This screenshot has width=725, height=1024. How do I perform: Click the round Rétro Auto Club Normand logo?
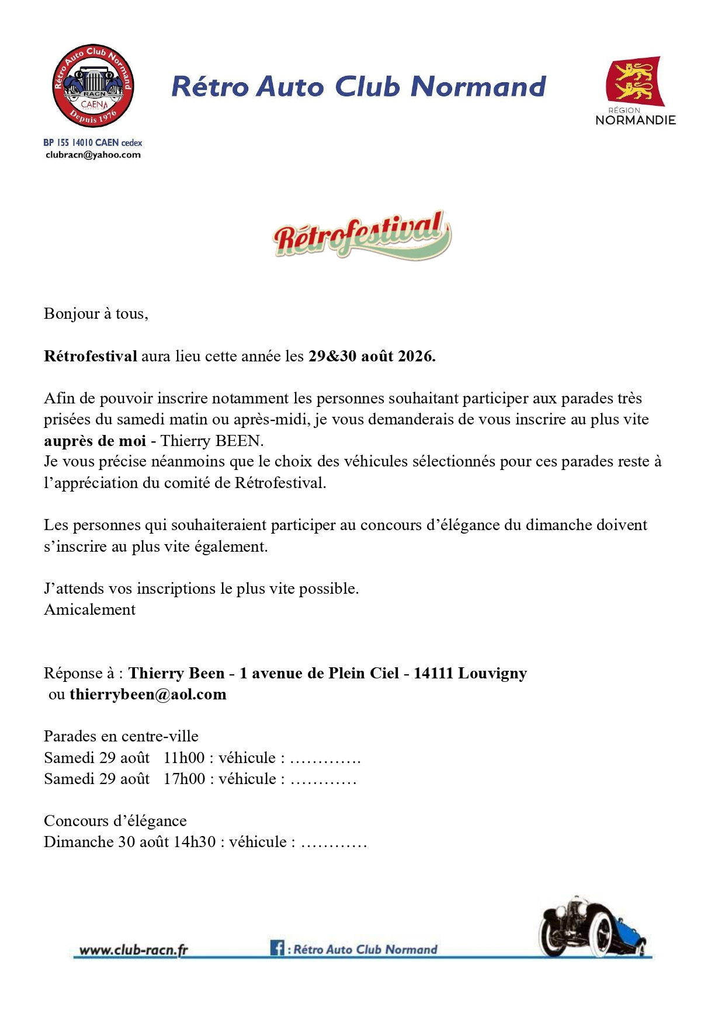click(x=93, y=86)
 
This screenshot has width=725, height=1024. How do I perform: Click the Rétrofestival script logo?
click(x=362, y=235)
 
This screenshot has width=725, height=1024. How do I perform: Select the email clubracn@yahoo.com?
click(x=93, y=155)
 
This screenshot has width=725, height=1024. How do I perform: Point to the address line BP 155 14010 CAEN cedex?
click(x=92, y=142)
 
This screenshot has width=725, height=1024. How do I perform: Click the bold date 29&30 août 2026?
click(x=372, y=356)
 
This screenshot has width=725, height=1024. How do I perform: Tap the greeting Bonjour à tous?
click(x=96, y=314)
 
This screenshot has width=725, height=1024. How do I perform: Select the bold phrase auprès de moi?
click(x=95, y=440)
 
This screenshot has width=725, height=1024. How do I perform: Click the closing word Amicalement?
click(x=89, y=609)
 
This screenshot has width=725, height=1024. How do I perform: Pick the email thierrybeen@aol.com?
click(x=148, y=694)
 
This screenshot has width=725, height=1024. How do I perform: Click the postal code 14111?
click(x=433, y=673)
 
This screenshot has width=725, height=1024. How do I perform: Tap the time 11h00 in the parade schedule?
click(x=184, y=758)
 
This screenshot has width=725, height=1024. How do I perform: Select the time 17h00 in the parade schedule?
click(x=184, y=779)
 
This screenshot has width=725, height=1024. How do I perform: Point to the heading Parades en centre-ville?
click(x=121, y=736)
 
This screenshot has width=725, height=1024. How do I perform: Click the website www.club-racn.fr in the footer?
click(x=133, y=950)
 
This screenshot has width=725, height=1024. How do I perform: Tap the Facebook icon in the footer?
click(x=277, y=948)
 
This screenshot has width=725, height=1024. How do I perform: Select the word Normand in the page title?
click(x=478, y=86)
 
